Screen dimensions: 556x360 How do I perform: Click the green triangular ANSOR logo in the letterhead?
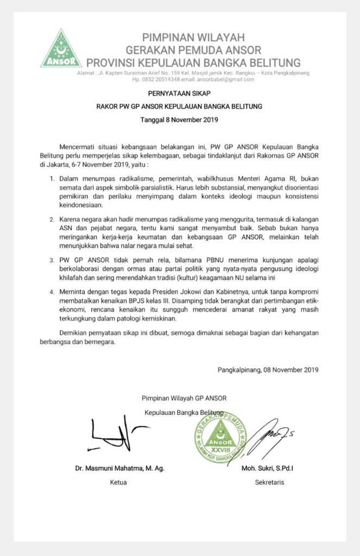(61, 50)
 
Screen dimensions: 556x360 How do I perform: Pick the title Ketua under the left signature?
(118, 482)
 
